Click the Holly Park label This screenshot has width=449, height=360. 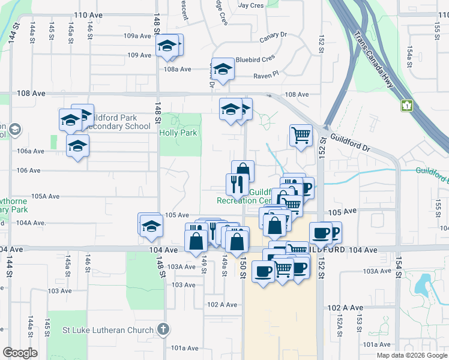(178, 133)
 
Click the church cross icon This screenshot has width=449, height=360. (163, 329)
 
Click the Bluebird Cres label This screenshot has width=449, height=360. (255, 59)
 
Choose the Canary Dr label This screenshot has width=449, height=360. (274, 38)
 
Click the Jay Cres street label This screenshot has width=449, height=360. (251, 5)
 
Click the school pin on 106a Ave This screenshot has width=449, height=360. (77, 146)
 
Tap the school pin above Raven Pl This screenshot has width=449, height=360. (222, 69)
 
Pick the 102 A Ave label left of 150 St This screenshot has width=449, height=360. (222, 304)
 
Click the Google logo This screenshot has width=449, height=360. (20, 353)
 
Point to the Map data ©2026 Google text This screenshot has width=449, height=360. (411, 355)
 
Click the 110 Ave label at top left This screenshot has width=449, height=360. (85, 14)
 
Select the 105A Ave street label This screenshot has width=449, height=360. (46, 196)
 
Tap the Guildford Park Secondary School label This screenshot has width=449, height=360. (119, 122)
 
